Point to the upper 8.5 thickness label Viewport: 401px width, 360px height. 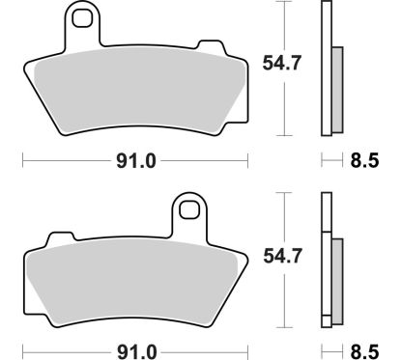click(364, 160)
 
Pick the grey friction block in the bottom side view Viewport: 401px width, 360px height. click(336, 280)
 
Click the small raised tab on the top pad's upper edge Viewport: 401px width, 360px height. click(205, 44)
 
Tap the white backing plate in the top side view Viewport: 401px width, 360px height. click(326, 68)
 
